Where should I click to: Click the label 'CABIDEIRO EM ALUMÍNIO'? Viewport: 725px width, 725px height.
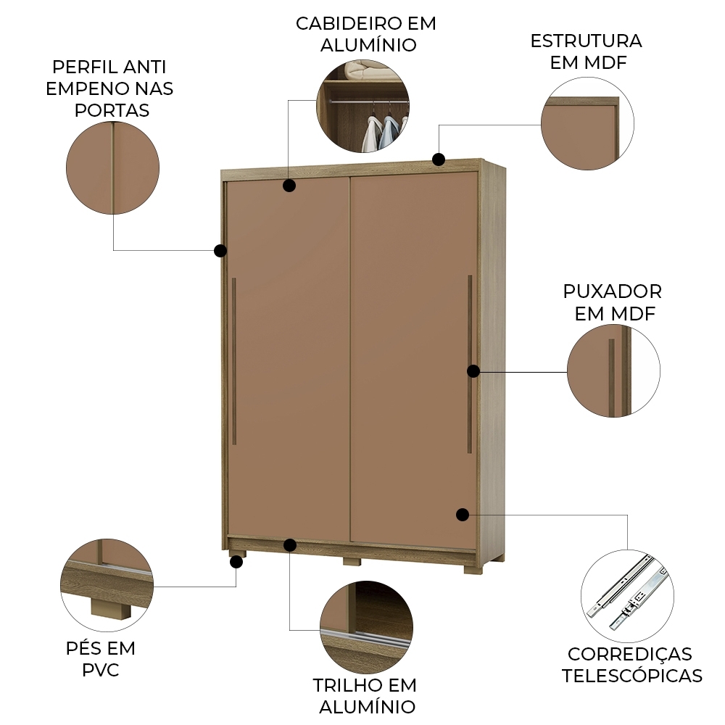366,34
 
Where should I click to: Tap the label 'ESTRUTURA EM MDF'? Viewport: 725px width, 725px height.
586,51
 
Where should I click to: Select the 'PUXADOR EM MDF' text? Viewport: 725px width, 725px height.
613,302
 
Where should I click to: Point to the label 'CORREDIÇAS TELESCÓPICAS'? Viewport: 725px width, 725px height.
631,665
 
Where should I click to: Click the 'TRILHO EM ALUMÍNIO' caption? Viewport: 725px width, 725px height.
365,695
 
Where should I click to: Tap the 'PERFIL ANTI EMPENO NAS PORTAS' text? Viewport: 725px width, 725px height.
109,88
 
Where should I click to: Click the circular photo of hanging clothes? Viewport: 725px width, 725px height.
362,106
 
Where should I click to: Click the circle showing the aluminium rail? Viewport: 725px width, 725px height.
366,627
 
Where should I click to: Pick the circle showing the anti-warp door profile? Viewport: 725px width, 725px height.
112,167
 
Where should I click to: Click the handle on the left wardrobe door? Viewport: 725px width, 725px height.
234,360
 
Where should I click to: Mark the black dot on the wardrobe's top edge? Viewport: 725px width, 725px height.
438,159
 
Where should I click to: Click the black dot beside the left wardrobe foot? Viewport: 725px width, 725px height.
235,560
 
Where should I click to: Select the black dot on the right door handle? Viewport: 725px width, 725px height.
473,370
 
